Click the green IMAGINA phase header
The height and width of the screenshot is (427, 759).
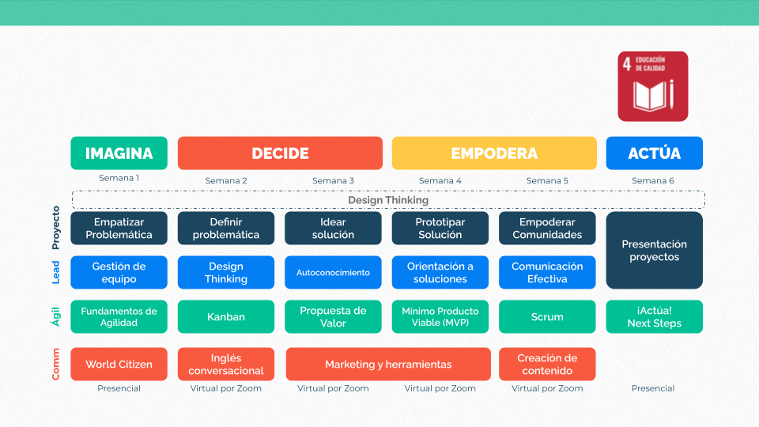[x=119, y=153]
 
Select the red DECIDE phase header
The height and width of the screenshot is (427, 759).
[x=280, y=153]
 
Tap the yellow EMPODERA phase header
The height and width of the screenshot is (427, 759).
[x=494, y=153]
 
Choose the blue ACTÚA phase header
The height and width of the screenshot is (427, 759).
[x=655, y=153]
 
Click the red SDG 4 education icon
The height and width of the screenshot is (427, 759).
[x=652, y=86]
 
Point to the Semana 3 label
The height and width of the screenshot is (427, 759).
[x=333, y=180]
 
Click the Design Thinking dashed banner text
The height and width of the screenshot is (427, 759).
[x=388, y=200]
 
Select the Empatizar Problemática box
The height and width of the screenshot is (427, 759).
[x=119, y=228]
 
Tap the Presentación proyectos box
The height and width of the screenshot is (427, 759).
[x=655, y=251]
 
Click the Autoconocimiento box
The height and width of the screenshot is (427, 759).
[x=333, y=273]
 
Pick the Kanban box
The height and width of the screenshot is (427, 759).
[x=226, y=316]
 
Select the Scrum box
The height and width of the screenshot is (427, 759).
[x=547, y=316]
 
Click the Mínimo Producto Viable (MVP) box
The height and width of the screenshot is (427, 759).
[x=440, y=316]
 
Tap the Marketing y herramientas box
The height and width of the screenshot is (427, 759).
[x=388, y=364]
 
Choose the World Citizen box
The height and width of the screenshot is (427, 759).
[x=119, y=364]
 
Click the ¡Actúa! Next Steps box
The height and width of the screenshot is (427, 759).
[x=655, y=316]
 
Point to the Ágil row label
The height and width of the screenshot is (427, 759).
[x=55, y=316]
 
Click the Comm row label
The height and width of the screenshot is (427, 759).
[x=55, y=364]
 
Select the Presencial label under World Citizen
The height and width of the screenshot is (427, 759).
[x=119, y=388]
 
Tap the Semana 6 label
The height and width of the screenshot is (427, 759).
[x=653, y=180]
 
